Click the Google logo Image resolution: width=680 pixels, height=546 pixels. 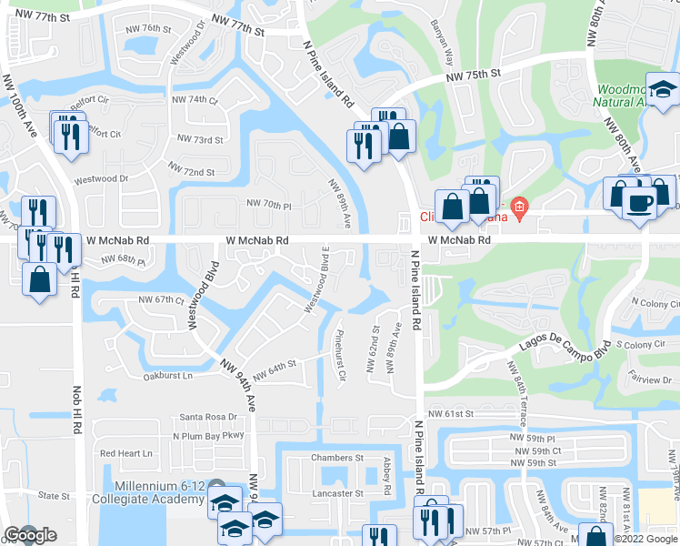[x=29, y=536]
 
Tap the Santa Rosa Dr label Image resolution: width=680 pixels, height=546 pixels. [x=208, y=417]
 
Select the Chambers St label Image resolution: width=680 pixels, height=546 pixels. [x=336, y=458]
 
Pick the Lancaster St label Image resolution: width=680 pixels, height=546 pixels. [x=336, y=493]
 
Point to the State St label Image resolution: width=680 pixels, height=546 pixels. [x=55, y=496]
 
